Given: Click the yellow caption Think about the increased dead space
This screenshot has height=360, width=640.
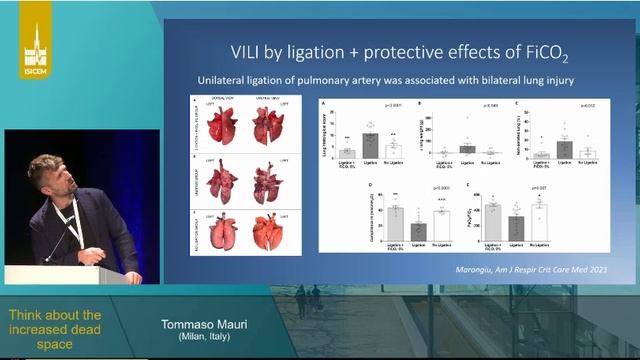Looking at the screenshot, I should coord(55,329).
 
